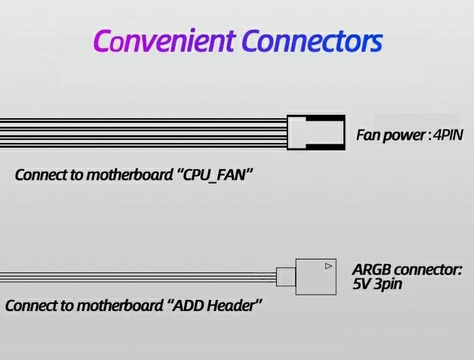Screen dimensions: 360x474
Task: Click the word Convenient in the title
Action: (x=164, y=41)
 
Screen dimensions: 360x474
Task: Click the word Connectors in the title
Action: (x=311, y=41)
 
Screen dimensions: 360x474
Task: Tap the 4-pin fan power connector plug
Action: (x=316, y=132)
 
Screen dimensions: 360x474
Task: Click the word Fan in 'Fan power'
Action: (x=368, y=136)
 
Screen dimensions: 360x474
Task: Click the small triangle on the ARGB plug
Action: (x=328, y=266)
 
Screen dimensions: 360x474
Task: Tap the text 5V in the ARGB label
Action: (x=361, y=284)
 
